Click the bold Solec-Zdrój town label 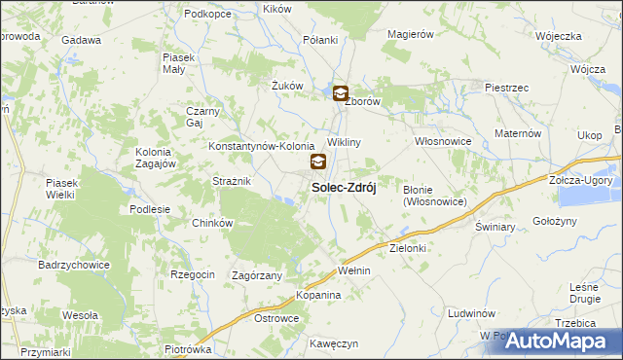344,187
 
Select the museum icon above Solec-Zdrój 318,162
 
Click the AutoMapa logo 564,342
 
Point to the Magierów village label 410,34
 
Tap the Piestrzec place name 506,88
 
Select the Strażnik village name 233,182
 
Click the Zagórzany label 257,276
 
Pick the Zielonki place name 408,248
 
